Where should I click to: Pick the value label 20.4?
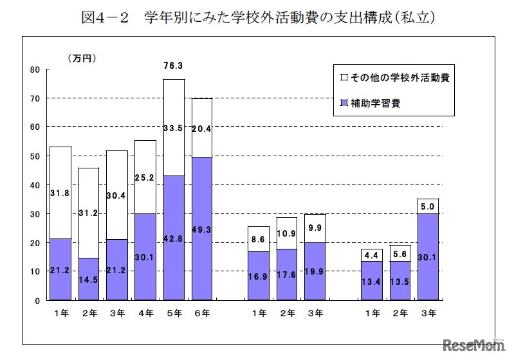[x=202, y=128]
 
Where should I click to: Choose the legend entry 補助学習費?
[x=374, y=103]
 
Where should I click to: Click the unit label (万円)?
[x=82, y=58]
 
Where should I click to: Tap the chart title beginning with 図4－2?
[x=257, y=17]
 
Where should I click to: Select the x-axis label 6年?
[x=202, y=313]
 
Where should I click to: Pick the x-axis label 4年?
[x=145, y=313]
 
